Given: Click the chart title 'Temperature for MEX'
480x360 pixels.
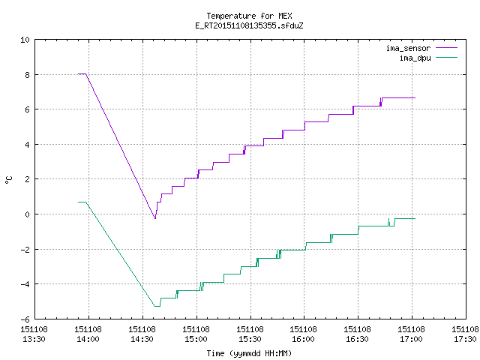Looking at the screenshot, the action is pyautogui.click(x=249, y=16).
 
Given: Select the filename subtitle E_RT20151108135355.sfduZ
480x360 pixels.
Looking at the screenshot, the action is pyautogui.click(x=249, y=25).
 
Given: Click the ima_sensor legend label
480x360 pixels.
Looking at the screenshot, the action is pyautogui.click(x=408, y=48).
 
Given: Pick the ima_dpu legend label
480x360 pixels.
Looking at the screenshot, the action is pyautogui.click(x=415, y=58).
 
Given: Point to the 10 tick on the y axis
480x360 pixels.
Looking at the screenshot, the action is pyautogui.click(x=25, y=40).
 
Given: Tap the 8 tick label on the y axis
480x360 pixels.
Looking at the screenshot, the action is pyautogui.click(x=28, y=75).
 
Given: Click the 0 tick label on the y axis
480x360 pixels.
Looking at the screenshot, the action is pyautogui.click(x=28, y=214).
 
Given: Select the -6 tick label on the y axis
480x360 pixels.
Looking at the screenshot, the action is pyautogui.click(x=25, y=319).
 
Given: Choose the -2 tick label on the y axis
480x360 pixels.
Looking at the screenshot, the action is pyautogui.click(x=25, y=250).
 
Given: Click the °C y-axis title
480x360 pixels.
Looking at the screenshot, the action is pyautogui.click(x=8, y=180).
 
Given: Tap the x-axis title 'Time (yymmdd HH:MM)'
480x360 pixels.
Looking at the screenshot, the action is pyautogui.click(x=249, y=353).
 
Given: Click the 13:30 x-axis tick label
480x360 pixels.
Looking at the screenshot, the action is pyautogui.click(x=34, y=339).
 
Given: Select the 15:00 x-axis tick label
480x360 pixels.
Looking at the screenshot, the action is pyautogui.click(x=196, y=339).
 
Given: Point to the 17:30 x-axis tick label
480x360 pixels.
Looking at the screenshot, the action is pyautogui.click(x=465, y=339).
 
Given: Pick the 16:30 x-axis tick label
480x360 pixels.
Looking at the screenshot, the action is pyautogui.click(x=357, y=339).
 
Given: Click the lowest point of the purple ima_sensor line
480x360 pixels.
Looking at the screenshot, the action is pyautogui.click(x=155, y=218).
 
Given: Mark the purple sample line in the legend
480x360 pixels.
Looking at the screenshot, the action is pyautogui.click(x=447, y=48).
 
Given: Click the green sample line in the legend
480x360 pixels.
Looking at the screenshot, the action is pyautogui.click(x=447, y=58).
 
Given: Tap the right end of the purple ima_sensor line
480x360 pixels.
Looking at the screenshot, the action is pyautogui.click(x=415, y=97).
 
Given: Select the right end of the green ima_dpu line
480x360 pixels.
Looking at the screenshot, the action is pyautogui.click(x=415, y=218).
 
